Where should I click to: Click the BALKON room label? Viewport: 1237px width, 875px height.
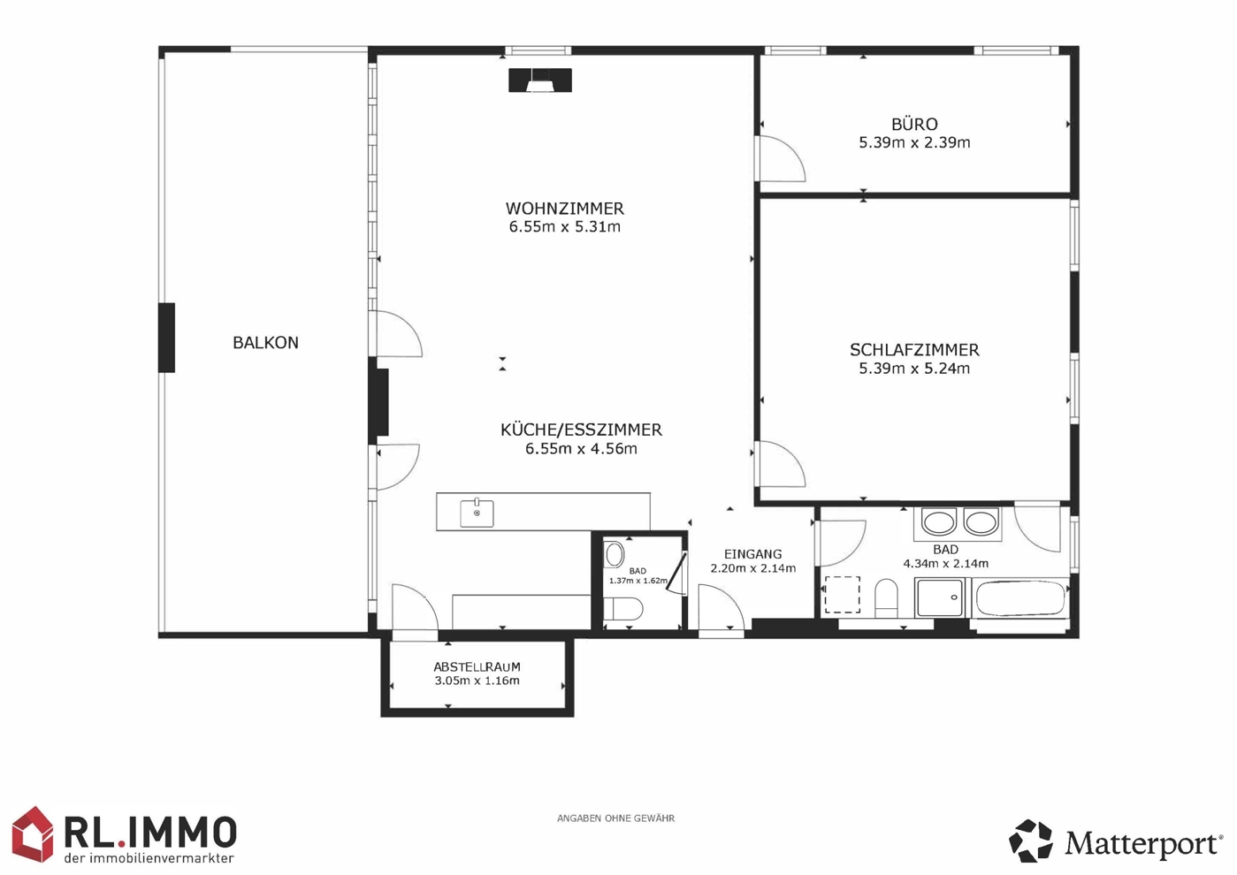(x=265, y=343)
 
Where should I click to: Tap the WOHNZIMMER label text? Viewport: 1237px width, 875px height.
(x=564, y=209)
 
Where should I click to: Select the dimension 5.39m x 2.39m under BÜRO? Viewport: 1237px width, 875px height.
(x=914, y=142)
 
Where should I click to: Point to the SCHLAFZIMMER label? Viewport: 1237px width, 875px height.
(x=914, y=350)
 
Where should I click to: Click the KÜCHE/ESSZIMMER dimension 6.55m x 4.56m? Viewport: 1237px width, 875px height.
(x=581, y=448)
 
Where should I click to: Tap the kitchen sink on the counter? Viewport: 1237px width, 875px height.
(x=477, y=514)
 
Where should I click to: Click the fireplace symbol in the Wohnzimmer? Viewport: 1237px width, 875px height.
(x=540, y=80)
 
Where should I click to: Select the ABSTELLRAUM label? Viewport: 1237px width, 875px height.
(x=477, y=667)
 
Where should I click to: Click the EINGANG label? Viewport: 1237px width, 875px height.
(x=752, y=553)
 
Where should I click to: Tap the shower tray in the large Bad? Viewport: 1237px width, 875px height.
(x=940, y=597)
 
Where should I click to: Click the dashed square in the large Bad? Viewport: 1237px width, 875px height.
(x=842, y=594)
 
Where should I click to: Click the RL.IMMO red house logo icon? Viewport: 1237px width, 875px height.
(x=33, y=833)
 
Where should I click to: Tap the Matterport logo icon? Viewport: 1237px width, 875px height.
(x=1030, y=841)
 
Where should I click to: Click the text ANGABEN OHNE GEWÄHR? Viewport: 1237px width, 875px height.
(x=615, y=818)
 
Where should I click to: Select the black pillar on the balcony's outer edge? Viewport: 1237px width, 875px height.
(x=167, y=338)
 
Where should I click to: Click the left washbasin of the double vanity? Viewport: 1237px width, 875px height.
(x=939, y=523)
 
